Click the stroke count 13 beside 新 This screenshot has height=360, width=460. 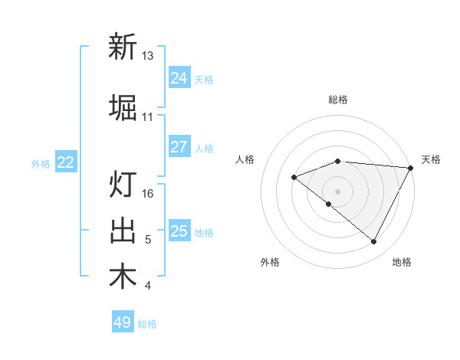tap(148, 56)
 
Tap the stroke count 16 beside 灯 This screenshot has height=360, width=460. tap(148, 194)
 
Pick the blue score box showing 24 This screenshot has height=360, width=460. tap(179, 78)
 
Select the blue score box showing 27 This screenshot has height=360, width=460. tap(179, 147)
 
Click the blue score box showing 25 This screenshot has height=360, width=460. tap(179, 231)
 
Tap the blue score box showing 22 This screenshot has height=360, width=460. tap(66, 162)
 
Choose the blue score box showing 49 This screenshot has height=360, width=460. tap(123, 322)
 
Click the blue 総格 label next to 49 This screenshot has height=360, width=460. tap(148, 324)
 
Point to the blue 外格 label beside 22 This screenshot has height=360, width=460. tap(41, 163)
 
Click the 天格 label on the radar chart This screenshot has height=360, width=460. tap(431, 159)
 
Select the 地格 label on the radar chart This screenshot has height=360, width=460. tap(402, 262)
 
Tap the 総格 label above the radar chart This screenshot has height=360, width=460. tap(338, 100)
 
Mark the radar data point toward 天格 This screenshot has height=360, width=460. tap(411, 168)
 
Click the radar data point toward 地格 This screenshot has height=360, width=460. tap(374, 242)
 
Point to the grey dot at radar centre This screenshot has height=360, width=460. tap(337, 191)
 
